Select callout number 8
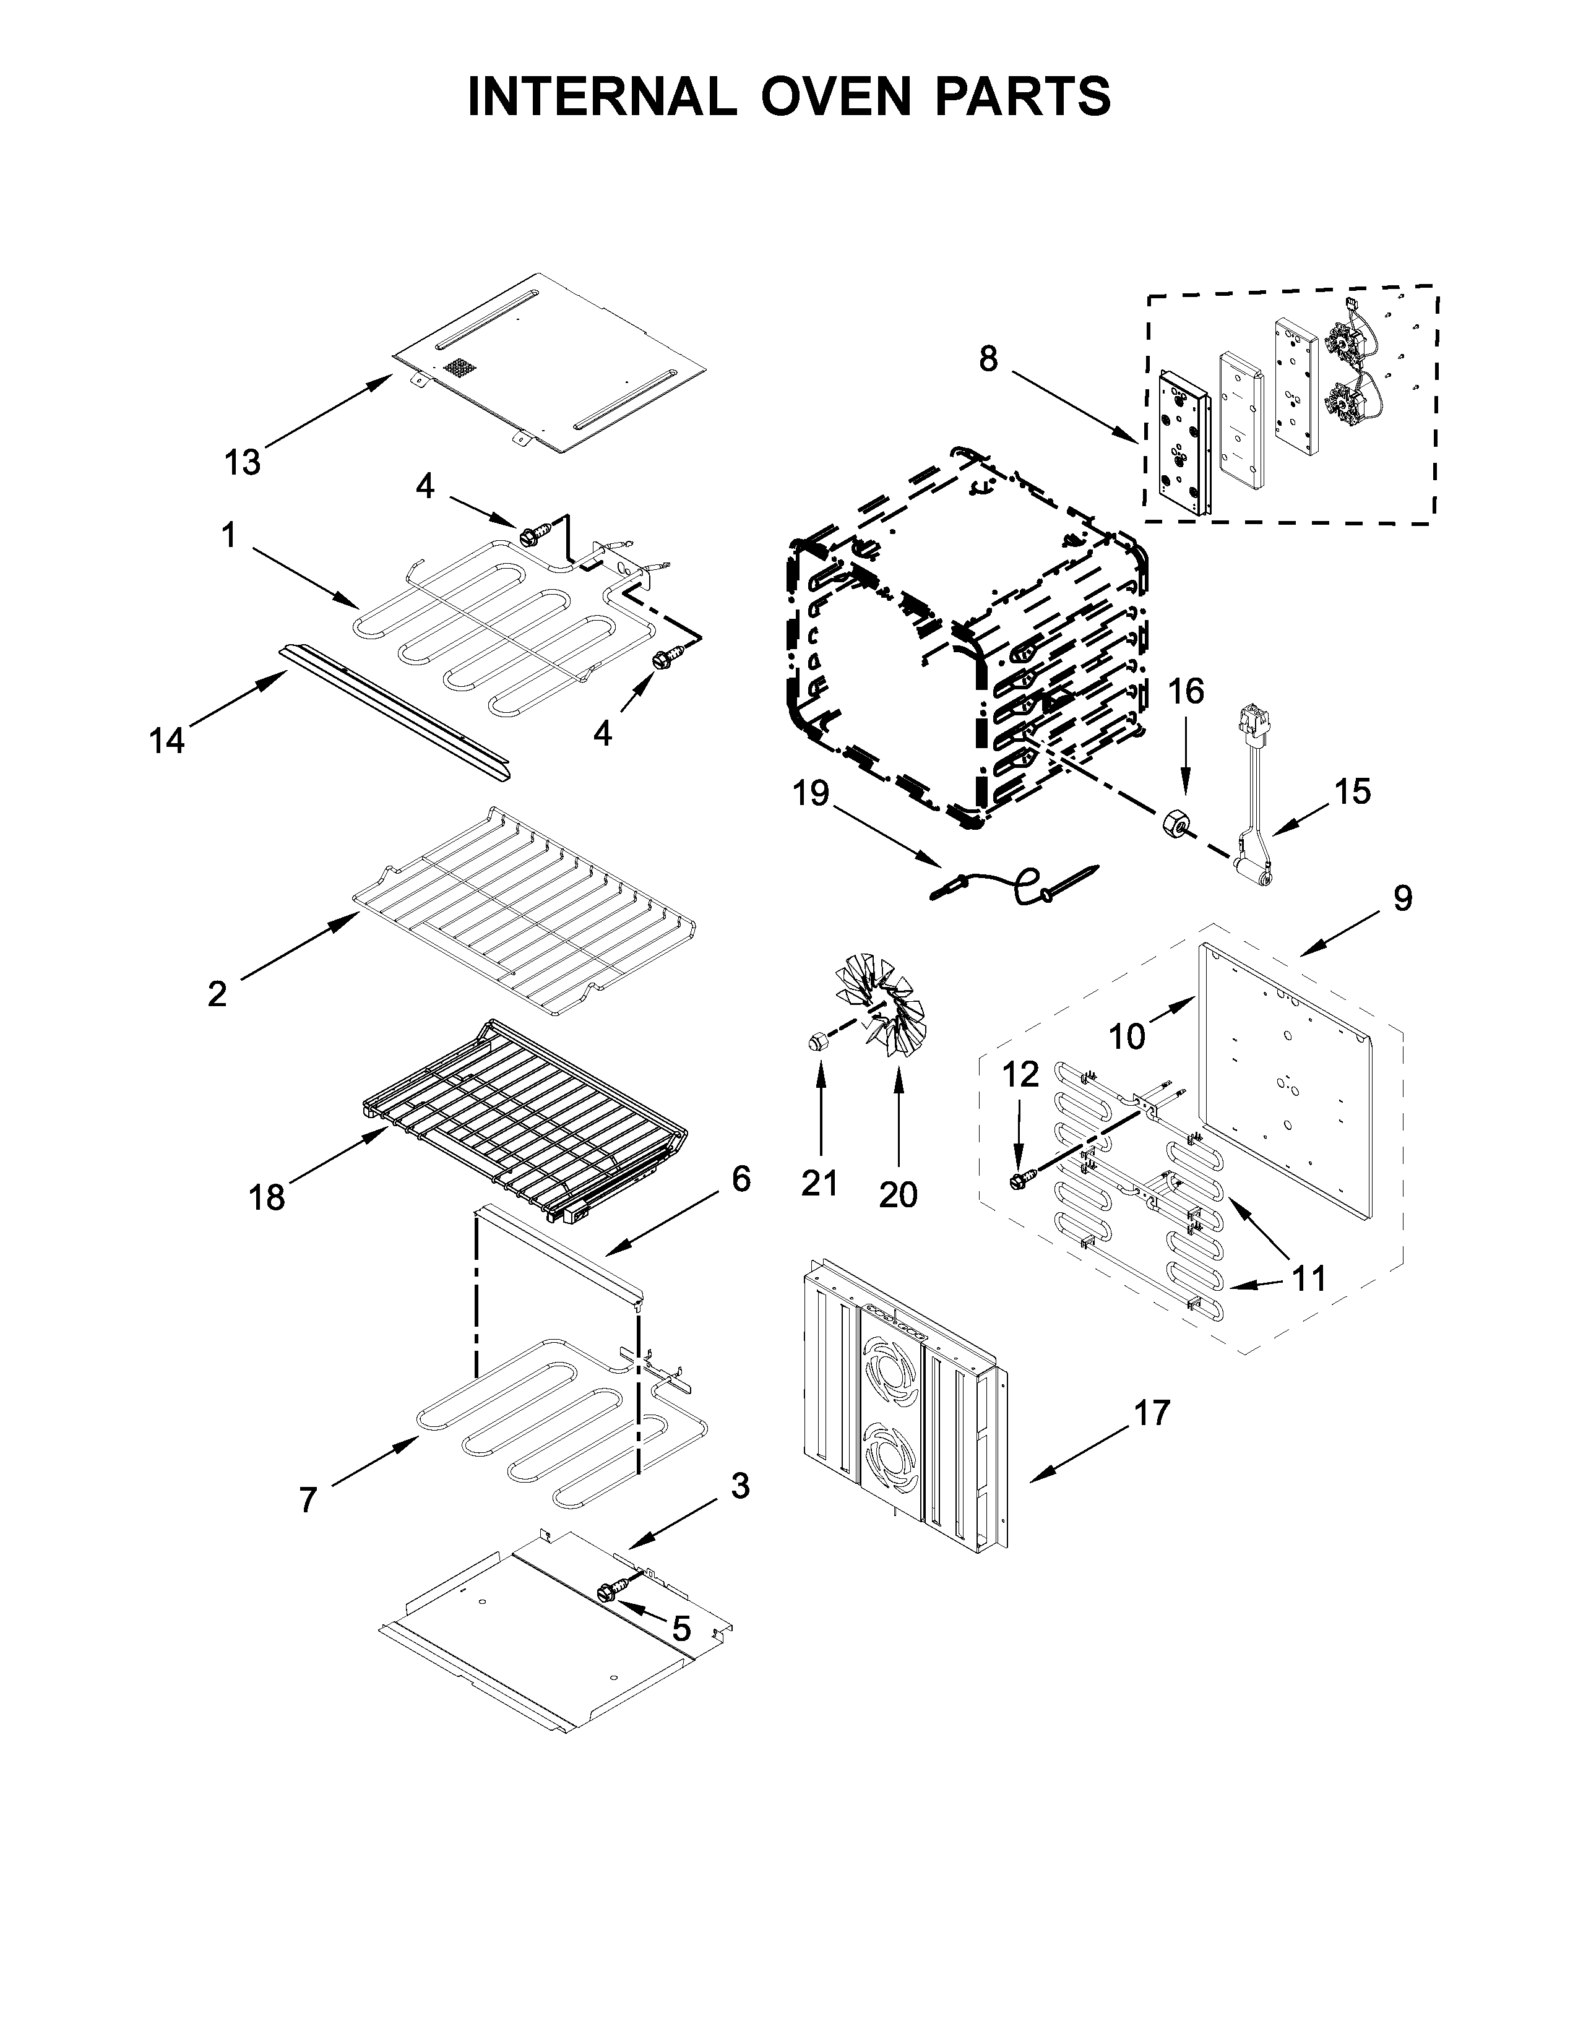pos(988,359)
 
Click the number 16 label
pos(1186,692)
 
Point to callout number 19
pos(811,794)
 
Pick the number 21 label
pos(820,1184)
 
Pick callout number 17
pos(1152,1413)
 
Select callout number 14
pos(167,741)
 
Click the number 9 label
pos(1402,898)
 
